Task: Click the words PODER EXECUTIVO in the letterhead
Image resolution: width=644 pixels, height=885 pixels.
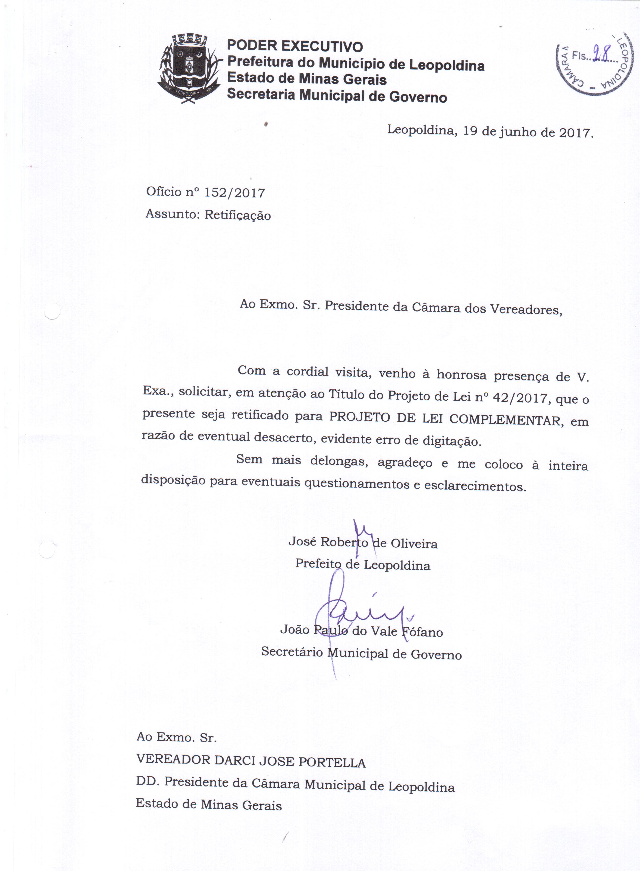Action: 295,46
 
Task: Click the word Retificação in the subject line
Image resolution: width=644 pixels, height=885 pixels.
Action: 237,215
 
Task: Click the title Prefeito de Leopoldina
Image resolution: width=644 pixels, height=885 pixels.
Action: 362,564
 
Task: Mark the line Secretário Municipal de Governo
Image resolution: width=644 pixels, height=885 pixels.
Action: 361,654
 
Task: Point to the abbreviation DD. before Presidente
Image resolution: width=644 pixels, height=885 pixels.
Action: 148,782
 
